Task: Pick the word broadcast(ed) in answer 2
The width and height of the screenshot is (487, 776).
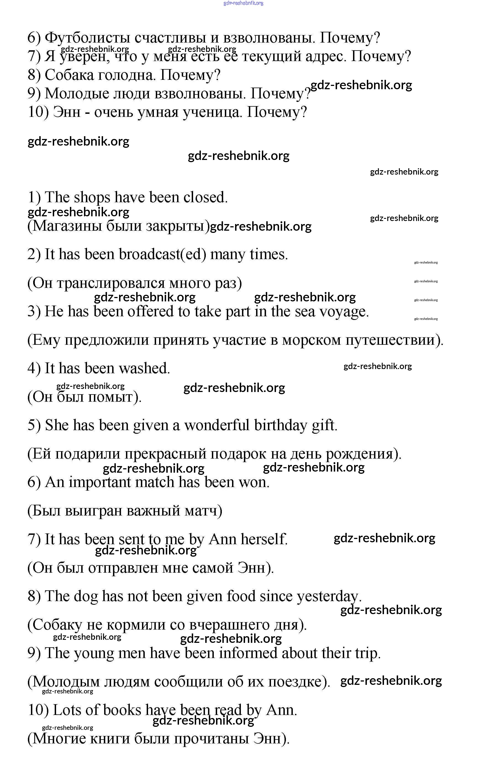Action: pyautogui.click(x=162, y=254)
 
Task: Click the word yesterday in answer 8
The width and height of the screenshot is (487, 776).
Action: pyautogui.click(x=328, y=596)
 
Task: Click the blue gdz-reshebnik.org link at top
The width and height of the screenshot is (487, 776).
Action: pyautogui.click(x=243, y=3)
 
